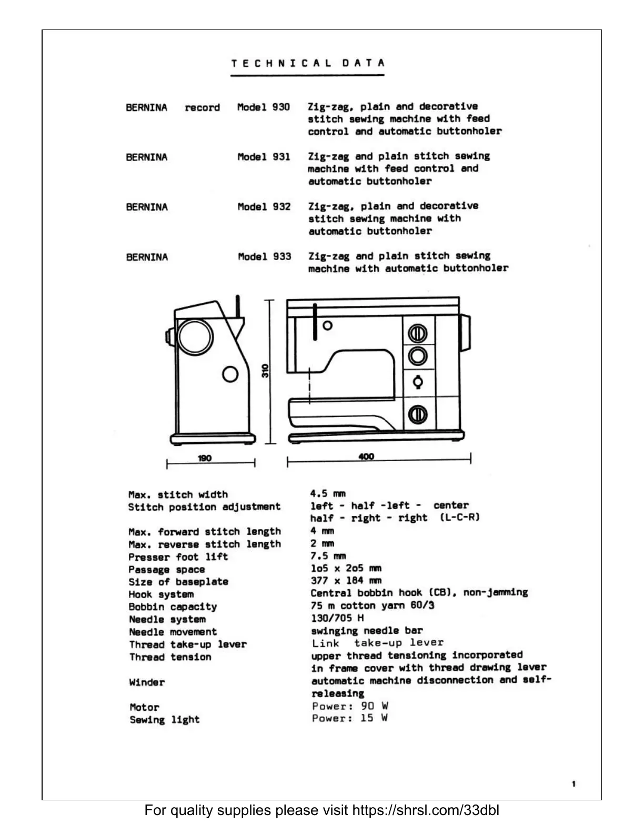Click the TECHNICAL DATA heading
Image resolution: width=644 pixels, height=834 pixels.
click(x=308, y=63)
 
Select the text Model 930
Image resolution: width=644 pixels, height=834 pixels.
click(x=264, y=107)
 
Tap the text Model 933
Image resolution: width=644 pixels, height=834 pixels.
click(x=264, y=257)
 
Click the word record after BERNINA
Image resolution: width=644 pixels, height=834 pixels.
click(x=202, y=108)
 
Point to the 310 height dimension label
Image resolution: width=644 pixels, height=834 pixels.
click(x=265, y=371)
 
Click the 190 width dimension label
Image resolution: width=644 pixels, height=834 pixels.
click(x=205, y=458)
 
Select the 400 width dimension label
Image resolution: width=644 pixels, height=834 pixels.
click(x=366, y=456)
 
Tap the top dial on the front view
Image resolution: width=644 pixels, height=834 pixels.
click(x=418, y=333)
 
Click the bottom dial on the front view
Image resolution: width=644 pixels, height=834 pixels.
click(x=418, y=414)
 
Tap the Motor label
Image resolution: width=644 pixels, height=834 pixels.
click(x=144, y=707)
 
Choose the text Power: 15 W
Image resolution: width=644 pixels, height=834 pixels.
click(x=350, y=718)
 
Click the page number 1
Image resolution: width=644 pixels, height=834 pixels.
click(x=573, y=784)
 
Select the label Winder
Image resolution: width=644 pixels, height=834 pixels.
click(x=147, y=682)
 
